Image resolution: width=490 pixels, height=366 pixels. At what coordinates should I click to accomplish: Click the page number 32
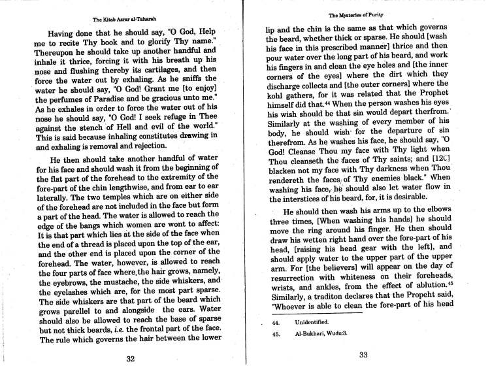(x=129, y=358)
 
